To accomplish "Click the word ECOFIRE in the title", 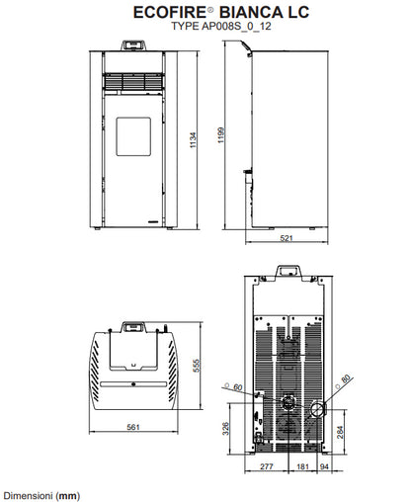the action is (x=170, y=13).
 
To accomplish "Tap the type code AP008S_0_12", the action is (x=236, y=26).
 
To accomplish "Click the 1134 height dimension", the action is (x=194, y=140).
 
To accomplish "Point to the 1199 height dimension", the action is (x=221, y=135).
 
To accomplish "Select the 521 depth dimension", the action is (x=287, y=238).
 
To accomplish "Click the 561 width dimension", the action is (x=133, y=427).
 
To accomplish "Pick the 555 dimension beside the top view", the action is (x=197, y=366).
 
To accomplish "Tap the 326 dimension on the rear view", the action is (x=225, y=428).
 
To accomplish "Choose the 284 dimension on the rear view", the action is (x=340, y=432).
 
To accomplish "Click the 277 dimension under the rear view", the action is (x=267, y=466).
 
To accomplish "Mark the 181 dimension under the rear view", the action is (x=302, y=466).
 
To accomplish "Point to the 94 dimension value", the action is (x=324, y=466).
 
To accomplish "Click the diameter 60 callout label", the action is (x=233, y=387).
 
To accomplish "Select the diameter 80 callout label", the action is (x=344, y=381).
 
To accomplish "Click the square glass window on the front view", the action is (x=133, y=136).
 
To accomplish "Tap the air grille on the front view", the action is (x=133, y=81).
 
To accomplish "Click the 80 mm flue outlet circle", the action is (x=317, y=409).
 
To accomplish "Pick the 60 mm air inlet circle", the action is (x=288, y=402).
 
